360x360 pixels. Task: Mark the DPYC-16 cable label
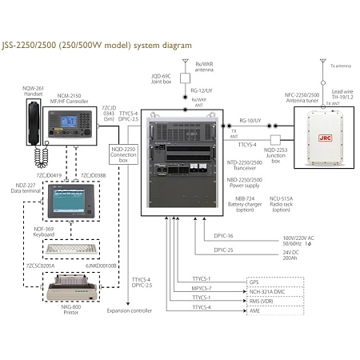tap(224, 236)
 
